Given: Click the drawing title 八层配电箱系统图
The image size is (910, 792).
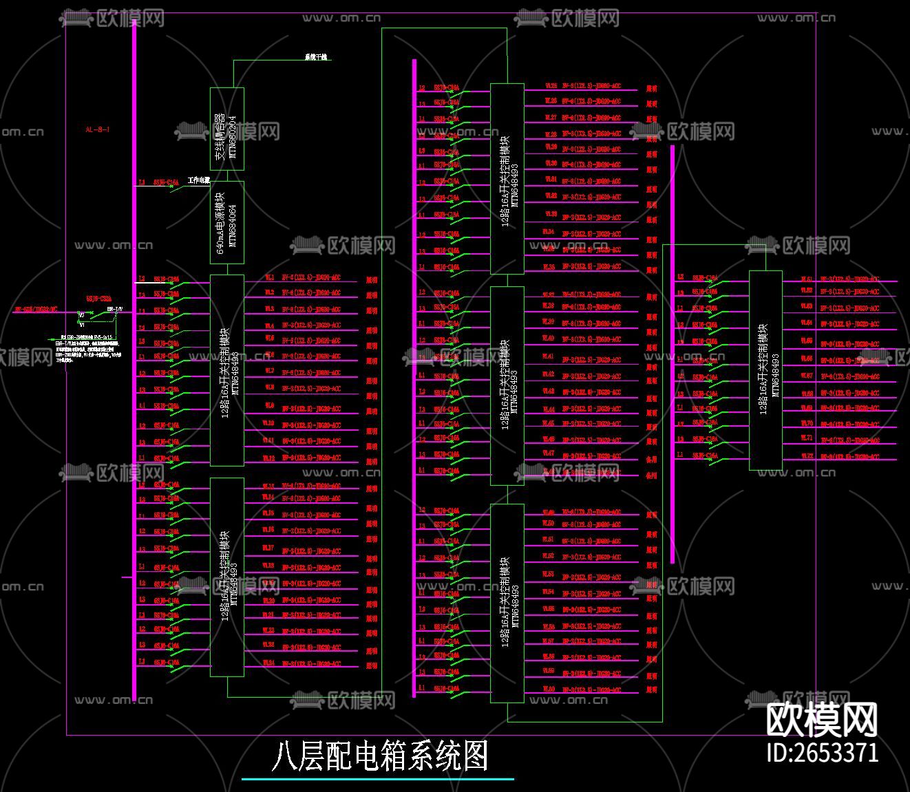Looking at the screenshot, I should click(x=379, y=756).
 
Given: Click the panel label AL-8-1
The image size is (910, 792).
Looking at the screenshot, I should click(x=97, y=129).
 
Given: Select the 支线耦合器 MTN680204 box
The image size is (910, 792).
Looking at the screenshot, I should click(x=227, y=129).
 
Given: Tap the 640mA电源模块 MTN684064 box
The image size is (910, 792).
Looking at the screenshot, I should click(x=227, y=223).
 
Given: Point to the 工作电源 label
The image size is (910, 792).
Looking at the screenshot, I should click(x=198, y=180).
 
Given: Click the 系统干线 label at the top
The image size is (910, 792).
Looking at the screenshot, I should click(x=316, y=57).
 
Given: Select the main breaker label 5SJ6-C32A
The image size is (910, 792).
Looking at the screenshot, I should click(x=98, y=299).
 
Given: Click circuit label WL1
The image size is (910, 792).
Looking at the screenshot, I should click(x=269, y=277).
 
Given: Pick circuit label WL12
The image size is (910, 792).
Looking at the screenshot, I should click(x=269, y=458).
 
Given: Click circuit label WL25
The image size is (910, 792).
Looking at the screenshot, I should click(x=551, y=86).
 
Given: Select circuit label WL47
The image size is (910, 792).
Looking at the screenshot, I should click(x=549, y=453).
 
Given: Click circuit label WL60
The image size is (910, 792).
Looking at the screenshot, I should click(x=549, y=689).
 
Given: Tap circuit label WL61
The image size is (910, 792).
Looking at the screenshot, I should click(x=806, y=279).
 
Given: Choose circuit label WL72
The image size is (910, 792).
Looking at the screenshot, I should click(x=806, y=456).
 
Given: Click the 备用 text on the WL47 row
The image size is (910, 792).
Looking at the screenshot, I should click(x=651, y=459).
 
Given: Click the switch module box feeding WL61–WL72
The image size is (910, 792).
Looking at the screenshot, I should click(x=765, y=370).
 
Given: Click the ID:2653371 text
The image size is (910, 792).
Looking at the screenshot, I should click(x=823, y=752).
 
